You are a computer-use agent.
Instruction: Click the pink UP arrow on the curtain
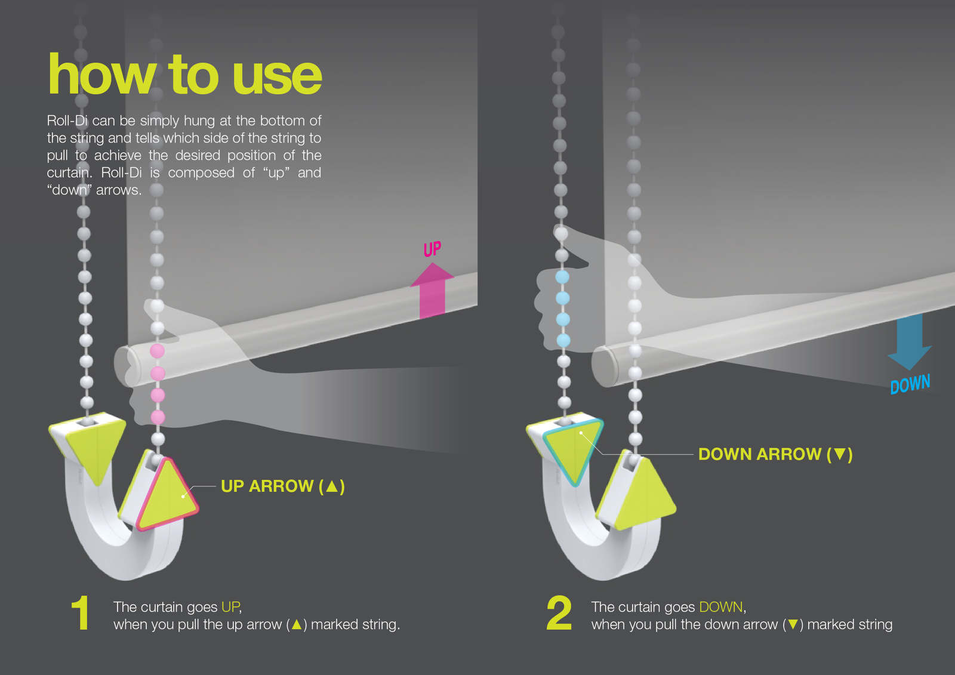(432, 291)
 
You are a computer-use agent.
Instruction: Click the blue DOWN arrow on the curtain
(910, 341)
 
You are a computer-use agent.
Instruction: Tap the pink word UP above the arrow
(432, 249)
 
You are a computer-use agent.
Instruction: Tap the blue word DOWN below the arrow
(910, 384)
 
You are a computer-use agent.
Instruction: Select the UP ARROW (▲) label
(283, 486)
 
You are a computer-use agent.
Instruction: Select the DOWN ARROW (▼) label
(775, 454)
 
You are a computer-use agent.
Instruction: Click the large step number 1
(80, 613)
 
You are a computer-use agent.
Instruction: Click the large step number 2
(559, 613)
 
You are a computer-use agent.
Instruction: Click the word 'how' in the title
(102, 73)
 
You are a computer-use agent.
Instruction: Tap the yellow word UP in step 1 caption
(230, 607)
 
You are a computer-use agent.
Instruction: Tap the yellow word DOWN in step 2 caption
(721, 607)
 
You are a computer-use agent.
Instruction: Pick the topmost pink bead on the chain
(158, 351)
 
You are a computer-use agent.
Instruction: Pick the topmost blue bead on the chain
(562, 277)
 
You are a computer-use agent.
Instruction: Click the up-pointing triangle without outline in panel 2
(645, 495)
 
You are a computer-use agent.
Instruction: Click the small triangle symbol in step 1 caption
(297, 625)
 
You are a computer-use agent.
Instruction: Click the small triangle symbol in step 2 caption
(793, 625)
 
